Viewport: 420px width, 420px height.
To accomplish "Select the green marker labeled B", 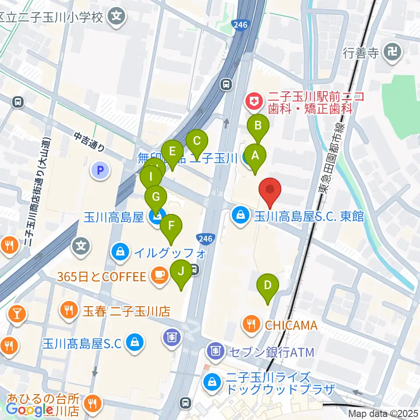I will coord(258,126).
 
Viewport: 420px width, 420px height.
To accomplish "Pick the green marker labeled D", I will coord(268,286).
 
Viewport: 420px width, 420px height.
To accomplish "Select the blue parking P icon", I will coord(101,171).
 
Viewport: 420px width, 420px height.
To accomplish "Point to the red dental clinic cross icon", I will coord(253,102).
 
